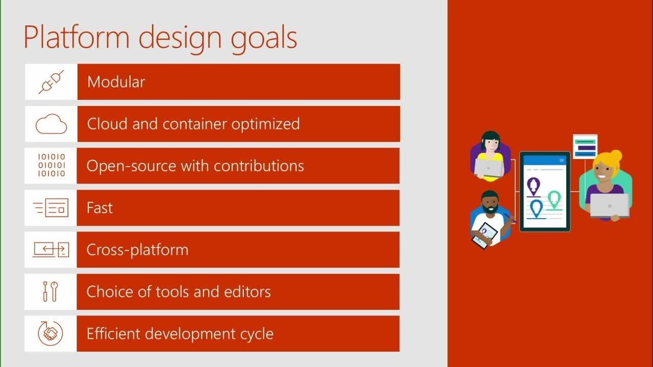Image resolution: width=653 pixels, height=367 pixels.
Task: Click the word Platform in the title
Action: pyautogui.click(x=77, y=37)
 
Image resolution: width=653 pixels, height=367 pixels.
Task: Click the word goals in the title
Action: pyautogui.click(x=264, y=39)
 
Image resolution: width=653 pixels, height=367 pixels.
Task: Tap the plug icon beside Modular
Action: pyautogui.click(x=52, y=82)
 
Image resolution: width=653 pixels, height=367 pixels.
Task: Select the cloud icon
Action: pyautogui.click(x=52, y=124)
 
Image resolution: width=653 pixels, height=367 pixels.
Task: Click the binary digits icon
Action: pyautogui.click(x=52, y=165)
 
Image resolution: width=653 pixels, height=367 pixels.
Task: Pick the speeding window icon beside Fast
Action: pyautogui.click(x=51, y=207)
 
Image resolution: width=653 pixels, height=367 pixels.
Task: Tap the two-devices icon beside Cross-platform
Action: pyautogui.click(x=51, y=250)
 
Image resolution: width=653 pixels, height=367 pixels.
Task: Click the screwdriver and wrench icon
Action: pyautogui.click(x=51, y=291)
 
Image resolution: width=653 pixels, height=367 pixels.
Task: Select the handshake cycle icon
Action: pyautogui.click(x=50, y=333)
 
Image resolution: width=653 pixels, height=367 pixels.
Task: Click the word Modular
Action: pyautogui.click(x=116, y=82)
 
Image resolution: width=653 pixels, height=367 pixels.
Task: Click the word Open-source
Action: pyautogui.click(x=131, y=166)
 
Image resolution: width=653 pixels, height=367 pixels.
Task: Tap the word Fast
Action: pyautogui.click(x=99, y=207)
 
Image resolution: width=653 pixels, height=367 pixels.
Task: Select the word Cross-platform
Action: pyautogui.click(x=137, y=250)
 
